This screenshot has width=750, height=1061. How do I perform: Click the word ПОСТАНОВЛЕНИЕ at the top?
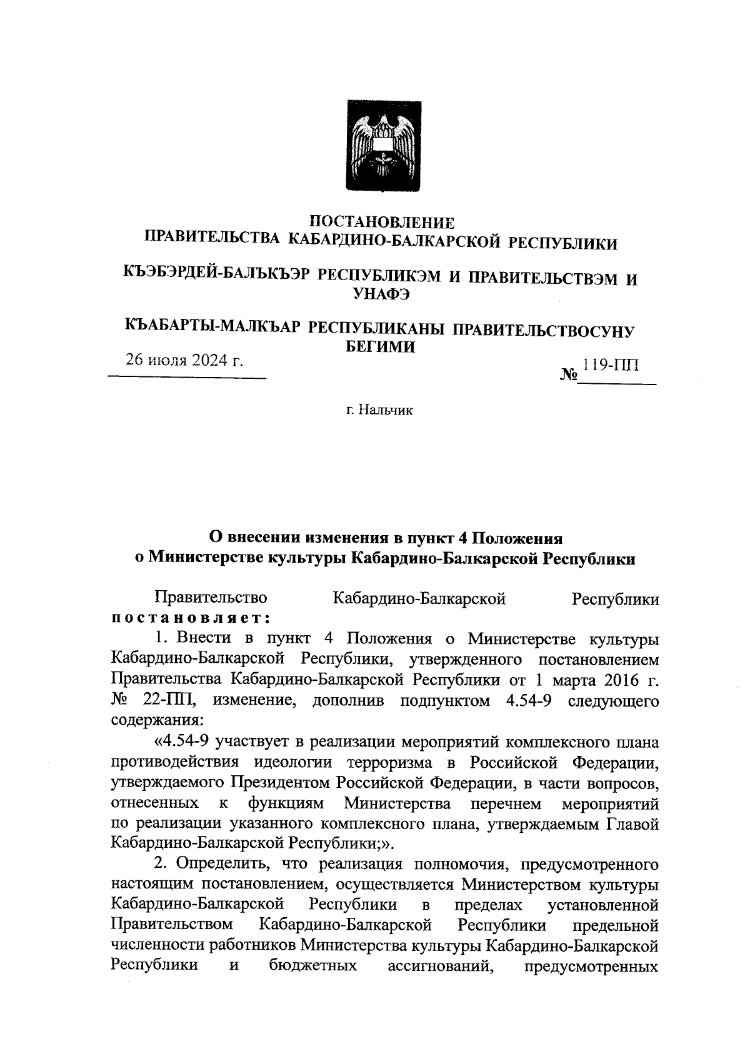point(382,222)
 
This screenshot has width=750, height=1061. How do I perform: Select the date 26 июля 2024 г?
point(184,360)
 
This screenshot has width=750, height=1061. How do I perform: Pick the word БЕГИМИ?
point(381,347)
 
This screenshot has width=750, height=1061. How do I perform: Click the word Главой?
point(633,824)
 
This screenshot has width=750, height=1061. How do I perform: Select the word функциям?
point(286,803)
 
